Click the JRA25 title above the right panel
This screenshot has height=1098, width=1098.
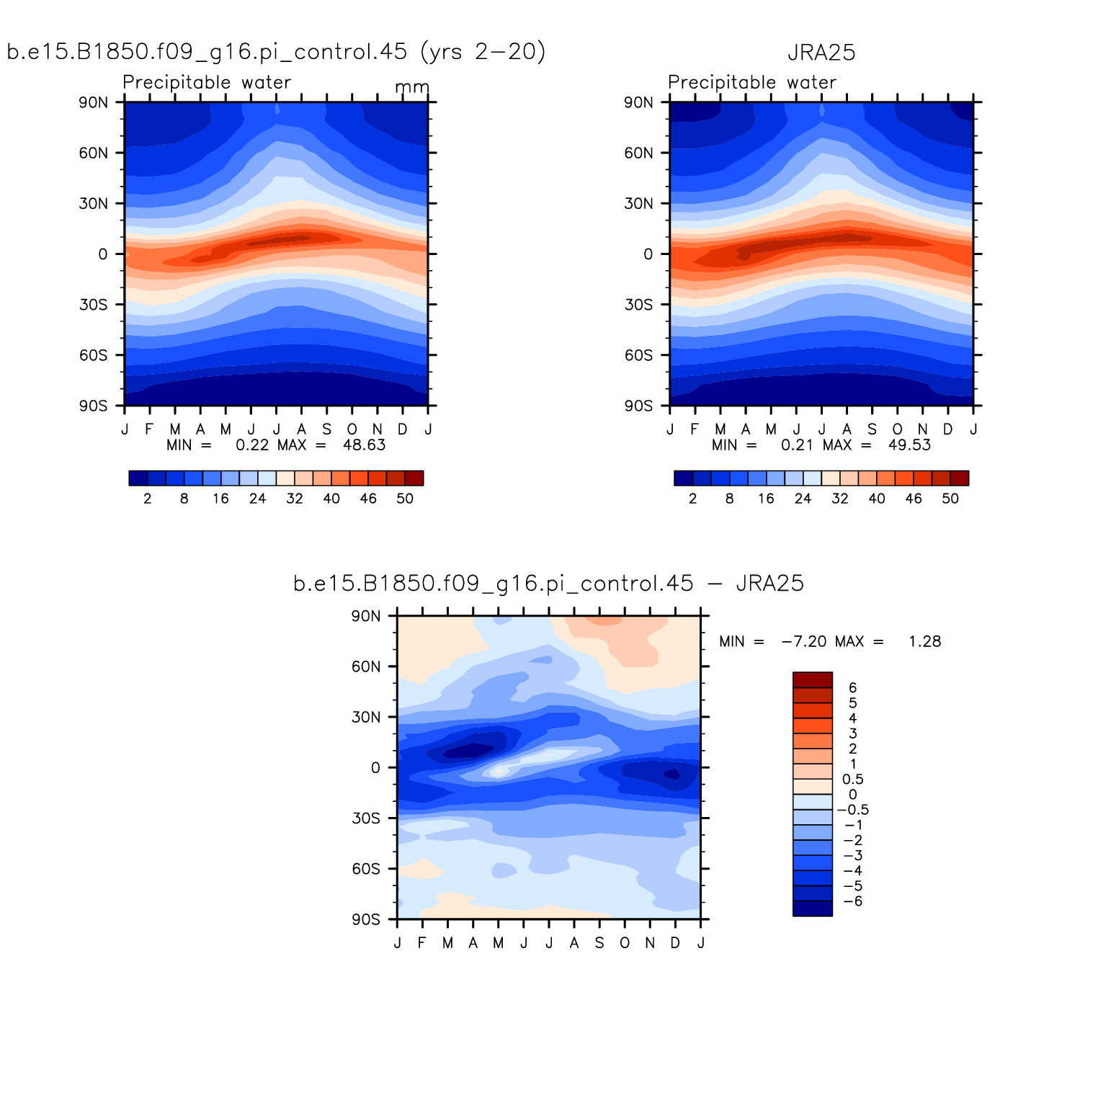point(821,53)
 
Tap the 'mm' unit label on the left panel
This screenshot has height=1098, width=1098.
point(412,87)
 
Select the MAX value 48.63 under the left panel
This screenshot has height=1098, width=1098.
point(364,445)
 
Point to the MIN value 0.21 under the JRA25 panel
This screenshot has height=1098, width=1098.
point(796,445)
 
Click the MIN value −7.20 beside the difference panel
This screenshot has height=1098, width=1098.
point(804,641)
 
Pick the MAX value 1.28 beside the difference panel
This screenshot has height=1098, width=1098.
point(924,641)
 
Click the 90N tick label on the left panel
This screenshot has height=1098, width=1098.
point(94,102)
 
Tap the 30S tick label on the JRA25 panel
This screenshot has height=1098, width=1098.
point(638,305)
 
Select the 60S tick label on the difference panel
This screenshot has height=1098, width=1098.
point(366,869)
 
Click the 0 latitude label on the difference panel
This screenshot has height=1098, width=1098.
point(375,768)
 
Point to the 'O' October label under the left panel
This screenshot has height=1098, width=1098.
point(352,429)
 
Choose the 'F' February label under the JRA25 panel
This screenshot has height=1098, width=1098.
point(695,429)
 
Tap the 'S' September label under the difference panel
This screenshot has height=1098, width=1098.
point(599,943)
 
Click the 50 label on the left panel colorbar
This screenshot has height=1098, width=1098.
point(405,499)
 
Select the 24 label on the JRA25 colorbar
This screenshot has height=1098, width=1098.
point(803,499)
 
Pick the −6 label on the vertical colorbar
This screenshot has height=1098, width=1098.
point(852,901)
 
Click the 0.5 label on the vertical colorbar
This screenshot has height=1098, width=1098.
point(853,780)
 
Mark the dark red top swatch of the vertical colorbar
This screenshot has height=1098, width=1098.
point(812,680)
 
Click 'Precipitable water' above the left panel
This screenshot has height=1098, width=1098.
point(207,82)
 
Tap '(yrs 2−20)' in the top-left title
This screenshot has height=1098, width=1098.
point(483,52)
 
